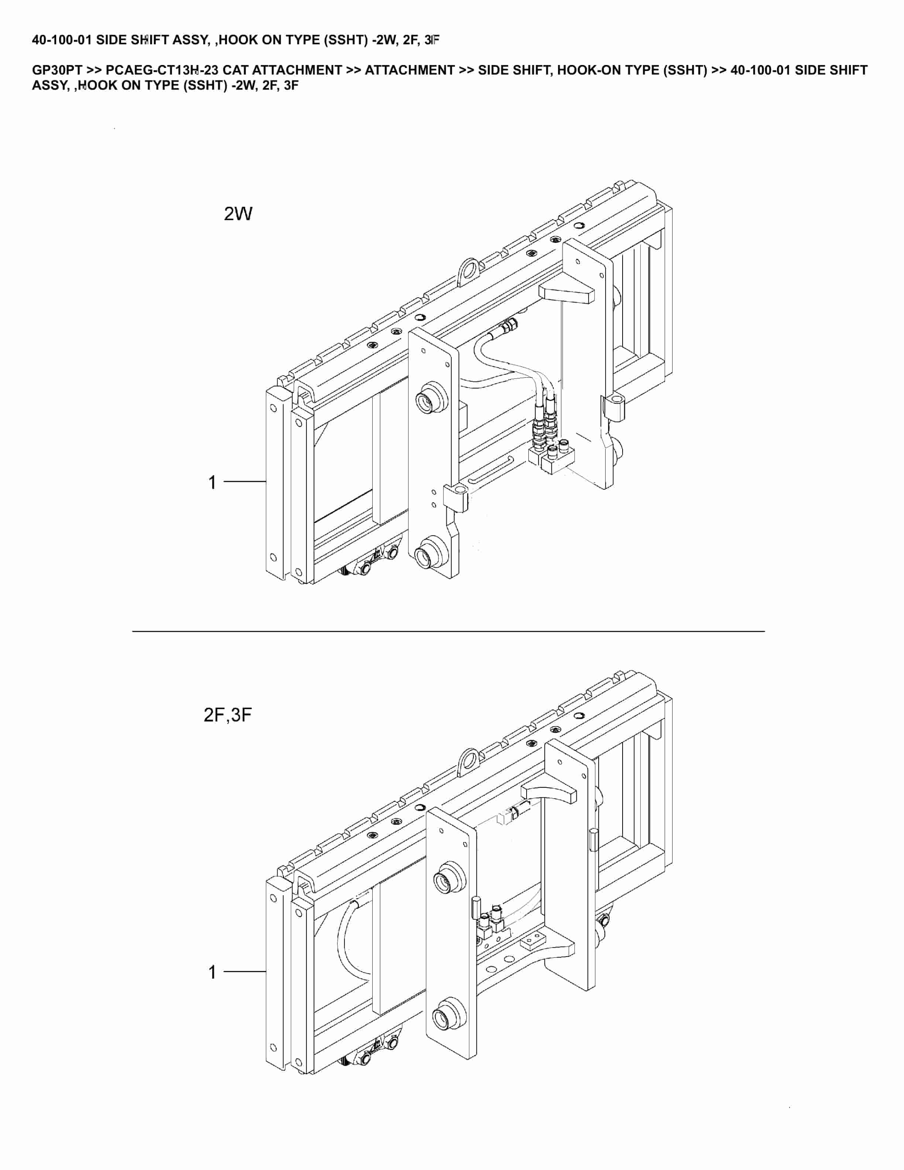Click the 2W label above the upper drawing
point(238,214)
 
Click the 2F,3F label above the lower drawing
point(227,715)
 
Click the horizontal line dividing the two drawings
point(448,632)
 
